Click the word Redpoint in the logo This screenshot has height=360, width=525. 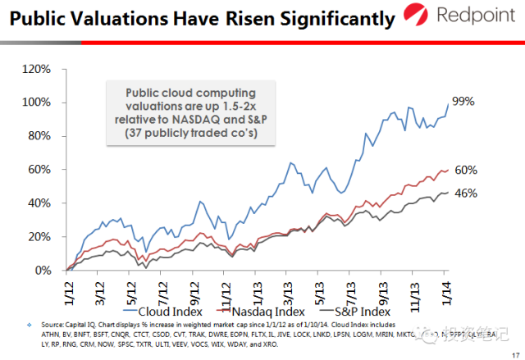point(476,16)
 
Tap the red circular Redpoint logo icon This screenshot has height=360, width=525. point(419,16)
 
